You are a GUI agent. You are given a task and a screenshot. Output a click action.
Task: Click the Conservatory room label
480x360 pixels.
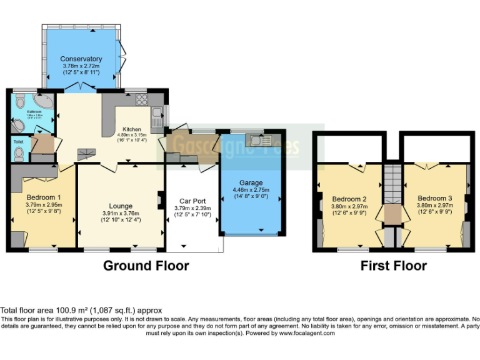82,59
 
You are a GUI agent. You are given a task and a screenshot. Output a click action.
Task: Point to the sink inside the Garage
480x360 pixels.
257,139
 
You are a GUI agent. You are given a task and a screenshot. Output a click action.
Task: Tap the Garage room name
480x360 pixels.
251,183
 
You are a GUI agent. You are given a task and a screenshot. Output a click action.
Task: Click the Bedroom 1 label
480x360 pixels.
42,197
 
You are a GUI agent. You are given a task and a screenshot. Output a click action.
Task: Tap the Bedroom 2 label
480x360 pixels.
348,199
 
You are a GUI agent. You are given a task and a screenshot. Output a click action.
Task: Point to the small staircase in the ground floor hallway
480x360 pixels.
84,153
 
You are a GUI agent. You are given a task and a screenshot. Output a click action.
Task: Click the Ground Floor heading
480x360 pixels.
146,266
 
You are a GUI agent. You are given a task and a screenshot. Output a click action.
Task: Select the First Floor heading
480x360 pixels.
393,266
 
